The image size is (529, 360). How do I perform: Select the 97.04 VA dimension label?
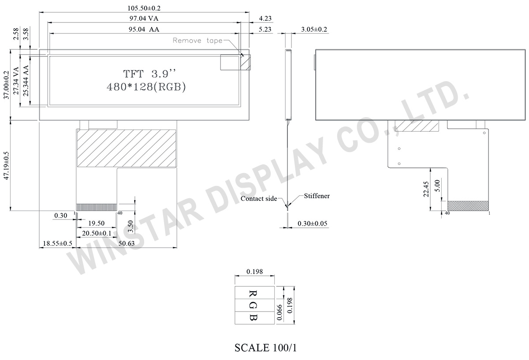click(144, 19)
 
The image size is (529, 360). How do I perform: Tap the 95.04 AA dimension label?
click(144, 30)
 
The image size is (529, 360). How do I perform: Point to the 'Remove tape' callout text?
click(197, 41)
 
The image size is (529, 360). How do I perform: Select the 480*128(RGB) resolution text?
click(146, 86)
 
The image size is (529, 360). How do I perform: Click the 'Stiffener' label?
click(317, 196)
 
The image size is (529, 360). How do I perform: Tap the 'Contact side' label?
click(259, 199)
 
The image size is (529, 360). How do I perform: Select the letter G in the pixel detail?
click(253, 305)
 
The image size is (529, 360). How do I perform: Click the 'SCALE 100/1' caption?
click(266, 348)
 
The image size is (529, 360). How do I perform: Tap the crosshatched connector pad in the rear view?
click(468, 206)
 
